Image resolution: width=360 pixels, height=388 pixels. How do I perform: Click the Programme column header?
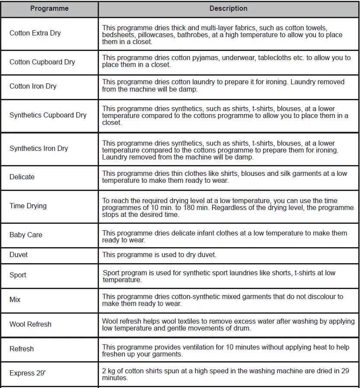click(49, 9)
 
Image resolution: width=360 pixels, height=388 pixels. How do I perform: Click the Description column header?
click(228, 9)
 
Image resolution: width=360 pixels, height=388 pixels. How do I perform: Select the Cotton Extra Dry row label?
click(35, 33)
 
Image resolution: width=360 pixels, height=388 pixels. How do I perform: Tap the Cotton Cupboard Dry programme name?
click(42, 62)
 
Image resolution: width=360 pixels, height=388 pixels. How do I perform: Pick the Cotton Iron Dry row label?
click(33, 86)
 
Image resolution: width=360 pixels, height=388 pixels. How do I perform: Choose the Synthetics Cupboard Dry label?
click(48, 115)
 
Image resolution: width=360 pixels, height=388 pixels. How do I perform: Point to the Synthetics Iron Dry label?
click(39, 149)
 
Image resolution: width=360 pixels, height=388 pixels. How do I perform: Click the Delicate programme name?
click(22, 177)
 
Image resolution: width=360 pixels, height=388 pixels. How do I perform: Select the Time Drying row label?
click(28, 206)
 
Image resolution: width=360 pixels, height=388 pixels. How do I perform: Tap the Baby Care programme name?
click(26, 235)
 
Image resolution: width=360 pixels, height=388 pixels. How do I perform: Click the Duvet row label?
click(19, 255)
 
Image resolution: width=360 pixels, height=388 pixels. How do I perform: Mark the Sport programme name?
click(18, 275)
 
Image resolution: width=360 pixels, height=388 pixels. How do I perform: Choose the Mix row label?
click(15, 300)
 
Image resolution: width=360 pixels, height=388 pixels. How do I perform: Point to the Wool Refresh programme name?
click(30, 324)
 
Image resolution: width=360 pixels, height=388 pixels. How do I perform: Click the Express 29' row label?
click(28, 374)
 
